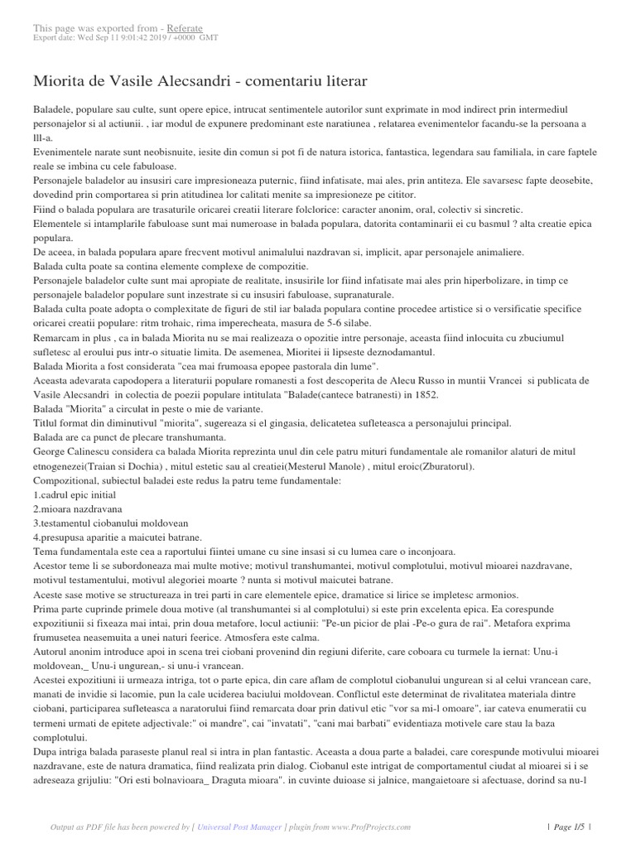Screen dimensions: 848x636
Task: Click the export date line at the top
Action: point(125,37)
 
